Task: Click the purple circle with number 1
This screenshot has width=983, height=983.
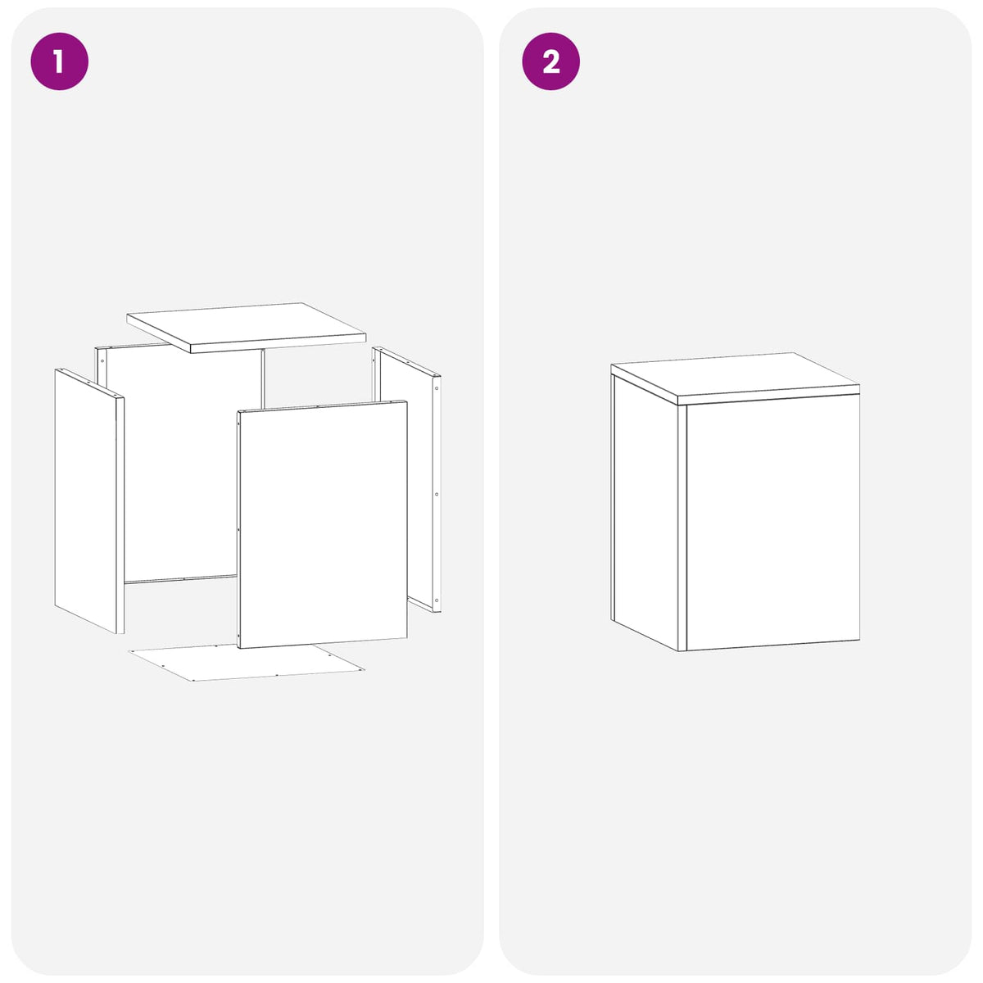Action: pyautogui.click(x=59, y=61)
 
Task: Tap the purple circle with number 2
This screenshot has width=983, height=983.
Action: pyautogui.click(x=550, y=61)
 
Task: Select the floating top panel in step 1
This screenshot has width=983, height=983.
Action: pyautogui.click(x=247, y=328)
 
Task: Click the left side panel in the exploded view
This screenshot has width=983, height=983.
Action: pyautogui.click(x=89, y=501)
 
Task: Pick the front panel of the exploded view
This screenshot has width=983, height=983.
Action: pyautogui.click(x=323, y=524)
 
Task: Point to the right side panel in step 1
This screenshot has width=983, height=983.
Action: pyautogui.click(x=406, y=478)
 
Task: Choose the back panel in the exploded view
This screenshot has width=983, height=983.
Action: pyautogui.click(x=180, y=464)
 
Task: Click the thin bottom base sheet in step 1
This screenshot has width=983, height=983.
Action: pyautogui.click(x=247, y=662)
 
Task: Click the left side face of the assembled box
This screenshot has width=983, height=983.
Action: pyautogui.click(x=646, y=513)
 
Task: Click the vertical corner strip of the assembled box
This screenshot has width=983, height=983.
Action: pyautogui.click(x=682, y=528)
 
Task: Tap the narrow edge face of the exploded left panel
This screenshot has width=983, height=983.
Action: pyautogui.click(x=120, y=515)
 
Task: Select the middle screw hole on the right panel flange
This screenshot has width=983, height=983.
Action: pyautogui.click(x=436, y=494)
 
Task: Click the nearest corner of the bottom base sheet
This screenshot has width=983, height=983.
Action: pyautogui.click(x=193, y=681)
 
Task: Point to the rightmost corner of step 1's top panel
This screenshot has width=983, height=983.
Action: pyautogui.click(x=366, y=335)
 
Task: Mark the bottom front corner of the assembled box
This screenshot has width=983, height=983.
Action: pyautogui.click(x=682, y=651)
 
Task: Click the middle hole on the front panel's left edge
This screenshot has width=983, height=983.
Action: pyautogui.click(x=238, y=530)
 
